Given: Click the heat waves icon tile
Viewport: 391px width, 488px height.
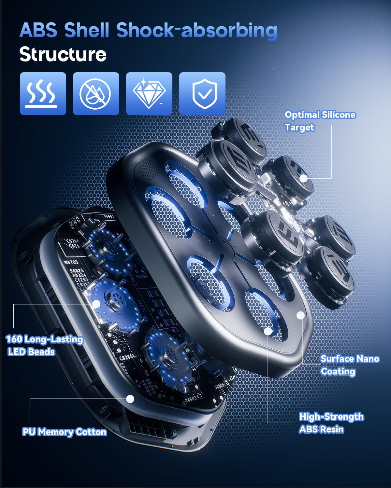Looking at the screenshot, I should tap(43, 94).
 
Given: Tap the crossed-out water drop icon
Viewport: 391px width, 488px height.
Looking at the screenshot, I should tap(96, 94).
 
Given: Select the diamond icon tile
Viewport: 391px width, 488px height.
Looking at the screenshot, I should tap(149, 94).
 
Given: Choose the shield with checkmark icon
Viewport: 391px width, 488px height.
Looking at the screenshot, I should tap(202, 94).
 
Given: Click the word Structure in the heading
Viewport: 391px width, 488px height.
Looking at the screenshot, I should tap(63, 54).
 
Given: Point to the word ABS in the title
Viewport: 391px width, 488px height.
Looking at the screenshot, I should tap(38, 30).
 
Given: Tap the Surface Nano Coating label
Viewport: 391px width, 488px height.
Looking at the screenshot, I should tap(349, 365).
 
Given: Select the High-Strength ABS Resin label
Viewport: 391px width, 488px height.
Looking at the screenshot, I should tap(331, 423).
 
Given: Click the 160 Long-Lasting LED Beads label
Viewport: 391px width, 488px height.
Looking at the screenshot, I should tap(44, 346).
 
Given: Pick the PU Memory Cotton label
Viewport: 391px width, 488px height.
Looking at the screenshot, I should tap(64, 432).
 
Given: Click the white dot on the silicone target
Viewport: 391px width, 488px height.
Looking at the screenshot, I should tap(303, 178).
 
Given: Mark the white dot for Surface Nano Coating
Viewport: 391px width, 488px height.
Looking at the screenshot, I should tap(300, 315).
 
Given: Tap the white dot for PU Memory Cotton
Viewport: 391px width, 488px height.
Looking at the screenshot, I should tap(130, 399).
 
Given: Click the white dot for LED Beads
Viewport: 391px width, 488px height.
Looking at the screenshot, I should tap(96, 304).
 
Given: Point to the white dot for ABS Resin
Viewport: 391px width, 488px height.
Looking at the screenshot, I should tap(268, 331).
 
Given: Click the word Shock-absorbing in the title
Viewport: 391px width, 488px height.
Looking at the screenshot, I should tap(197, 30).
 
